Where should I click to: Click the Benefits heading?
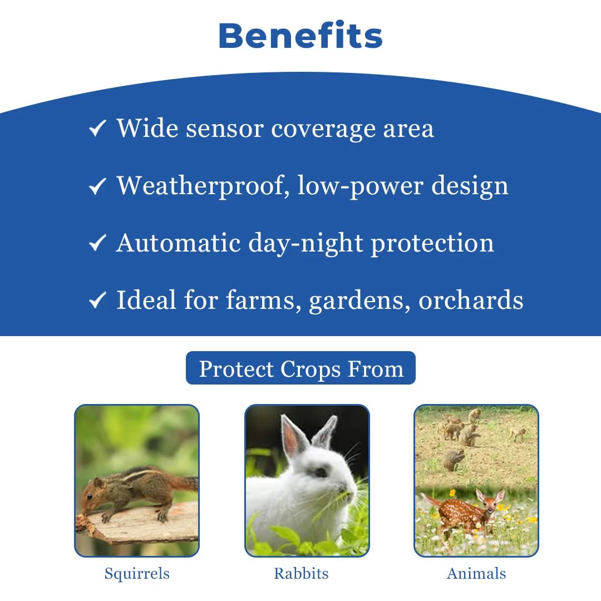click(300, 36)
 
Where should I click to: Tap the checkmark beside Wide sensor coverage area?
click(97, 130)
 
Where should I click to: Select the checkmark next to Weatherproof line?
click(97, 186)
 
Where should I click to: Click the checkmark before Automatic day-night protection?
click(97, 243)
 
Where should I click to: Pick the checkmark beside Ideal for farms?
click(97, 300)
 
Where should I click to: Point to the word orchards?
click(471, 300)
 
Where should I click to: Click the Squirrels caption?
click(137, 574)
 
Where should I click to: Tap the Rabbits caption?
click(301, 574)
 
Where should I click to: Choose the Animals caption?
click(476, 574)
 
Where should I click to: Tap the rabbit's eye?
click(321, 472)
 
